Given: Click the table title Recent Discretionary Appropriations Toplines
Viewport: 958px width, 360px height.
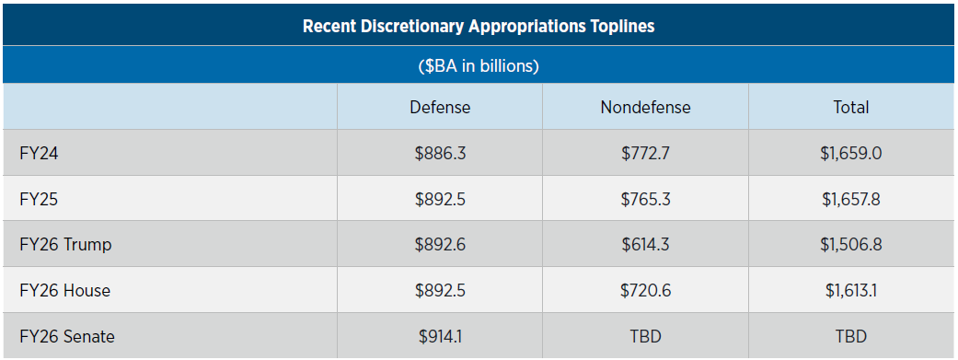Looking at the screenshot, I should pyautogui.click(x=479, y=26).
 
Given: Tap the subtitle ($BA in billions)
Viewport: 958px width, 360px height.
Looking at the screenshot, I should pyautogui.click(x=479, y=66).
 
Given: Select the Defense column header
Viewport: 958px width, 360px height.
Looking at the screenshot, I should pyautogui.click(x=440, y=108).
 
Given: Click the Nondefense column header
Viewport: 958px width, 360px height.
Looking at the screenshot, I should pyautogui.click(x=645, y=108).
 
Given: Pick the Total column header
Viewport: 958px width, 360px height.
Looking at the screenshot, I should pyautogui.click(x=850, y=108).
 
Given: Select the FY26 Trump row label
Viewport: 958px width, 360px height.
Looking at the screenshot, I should pyautogui.click(x=65, y=245).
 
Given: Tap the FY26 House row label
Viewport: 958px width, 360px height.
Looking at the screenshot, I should pyautogui.click(x=64, y=291).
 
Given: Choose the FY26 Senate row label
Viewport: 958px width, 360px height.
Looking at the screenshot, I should pyautogui.click(x=67, y=337).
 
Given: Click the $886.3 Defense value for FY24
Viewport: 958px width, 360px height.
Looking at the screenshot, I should pyautogui.click(x=440, y=153).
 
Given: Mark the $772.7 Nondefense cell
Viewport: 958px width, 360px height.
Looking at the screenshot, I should pyautogui.click(x=645, y=153).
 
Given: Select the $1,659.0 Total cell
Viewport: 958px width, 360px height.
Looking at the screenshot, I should pyautogui.click(x=850, y=153).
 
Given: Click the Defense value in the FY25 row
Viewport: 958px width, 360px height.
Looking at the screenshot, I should pyautogui.click(x=440, y=199).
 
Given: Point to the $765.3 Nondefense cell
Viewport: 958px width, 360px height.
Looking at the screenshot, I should pyautogui.click(x=645, y=199).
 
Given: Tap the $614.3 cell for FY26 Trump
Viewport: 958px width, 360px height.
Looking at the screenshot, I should pyautogui.click(x=645, y=245).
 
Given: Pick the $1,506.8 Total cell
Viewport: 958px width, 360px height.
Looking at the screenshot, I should pyautogui.click(x=850, y=245).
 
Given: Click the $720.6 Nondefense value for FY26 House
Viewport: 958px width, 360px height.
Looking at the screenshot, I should pyautogui.click(x=645, y=291).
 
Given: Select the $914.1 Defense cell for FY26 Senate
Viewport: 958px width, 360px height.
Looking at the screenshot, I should pyautogui.click(x=440, y=337).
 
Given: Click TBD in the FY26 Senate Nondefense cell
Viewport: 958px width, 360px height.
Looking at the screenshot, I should pyautogui.click(x=645, y=337).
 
